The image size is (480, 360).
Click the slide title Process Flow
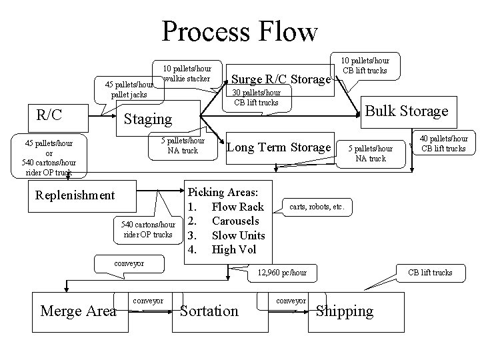(x=240, y=31)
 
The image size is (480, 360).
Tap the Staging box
(x=148, y=119)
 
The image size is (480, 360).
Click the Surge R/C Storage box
(x=280, y=80)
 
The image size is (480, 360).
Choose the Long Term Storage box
(x=279, y=147)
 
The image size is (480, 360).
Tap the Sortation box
(x=209, y=311)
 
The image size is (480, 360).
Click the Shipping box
(x=345, y=311)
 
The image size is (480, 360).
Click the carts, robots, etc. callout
(x=317, y=207)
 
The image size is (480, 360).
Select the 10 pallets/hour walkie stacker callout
(x=188, y=74)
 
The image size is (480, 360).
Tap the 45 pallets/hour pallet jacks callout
(x=128, y=90)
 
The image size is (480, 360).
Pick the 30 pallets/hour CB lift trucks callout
(x=256, y=97)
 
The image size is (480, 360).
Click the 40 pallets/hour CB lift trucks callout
(x=443, y=144)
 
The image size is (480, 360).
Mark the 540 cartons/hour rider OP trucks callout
(x=148, y=229)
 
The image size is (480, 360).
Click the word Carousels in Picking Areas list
(x=235, y=221)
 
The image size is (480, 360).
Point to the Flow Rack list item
(x=237, y=207)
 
